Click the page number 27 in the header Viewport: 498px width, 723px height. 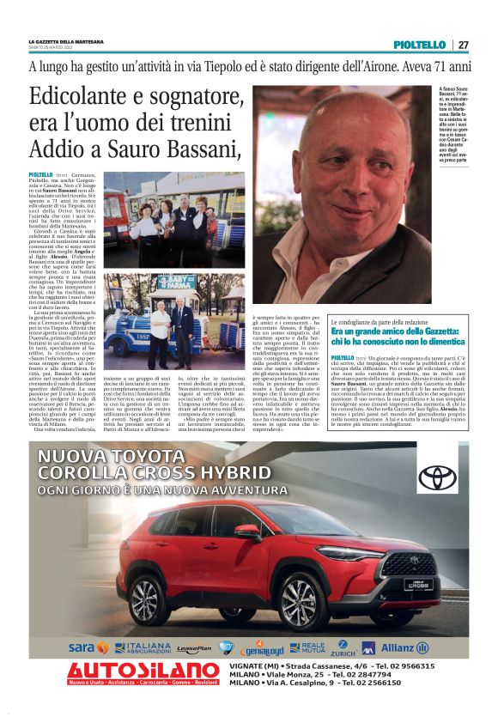[464, 45]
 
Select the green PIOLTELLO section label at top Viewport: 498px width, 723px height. [419, 45]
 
